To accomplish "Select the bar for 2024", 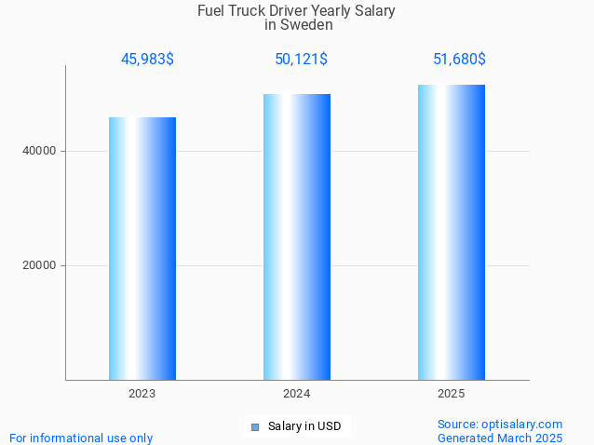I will click(297, 236).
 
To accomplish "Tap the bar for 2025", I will click(452, 232).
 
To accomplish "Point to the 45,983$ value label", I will click(147, 60).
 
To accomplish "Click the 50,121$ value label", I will click(301, 60).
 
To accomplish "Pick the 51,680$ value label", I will click(459, 60).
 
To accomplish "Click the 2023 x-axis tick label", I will click(142, 394).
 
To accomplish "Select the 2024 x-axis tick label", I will click(297, 394).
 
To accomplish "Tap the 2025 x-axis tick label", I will click(452, 394).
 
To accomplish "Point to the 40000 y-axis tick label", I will click(39, 151).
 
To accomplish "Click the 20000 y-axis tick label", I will click(39, 265).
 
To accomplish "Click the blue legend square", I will click(254, 427).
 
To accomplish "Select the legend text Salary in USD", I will click(304, 426).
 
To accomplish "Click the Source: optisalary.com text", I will click(500, 424).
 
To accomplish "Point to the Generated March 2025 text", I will click(500, 438).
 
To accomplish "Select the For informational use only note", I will click(81, 438).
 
